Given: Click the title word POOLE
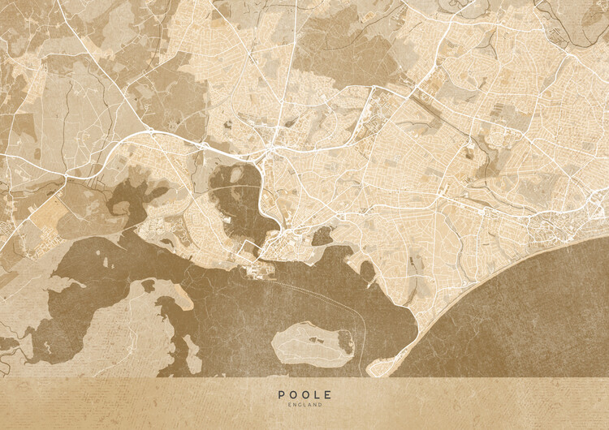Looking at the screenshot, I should (x=304, y=395).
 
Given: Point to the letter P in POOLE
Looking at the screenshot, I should (x=282, y=395).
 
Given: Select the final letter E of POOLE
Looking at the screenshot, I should (x=328, y=395).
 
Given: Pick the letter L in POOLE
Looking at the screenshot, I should (x=317, y=395).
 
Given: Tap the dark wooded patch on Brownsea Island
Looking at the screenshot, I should (x=345, y=343).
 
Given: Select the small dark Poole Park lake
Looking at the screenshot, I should (x=322, y=236).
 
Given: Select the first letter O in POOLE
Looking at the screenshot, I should (x=293, y=395).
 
